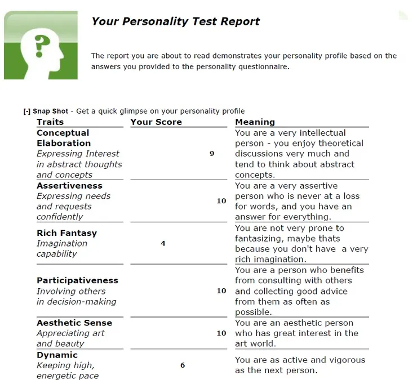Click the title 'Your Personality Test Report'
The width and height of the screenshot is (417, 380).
point(175,21)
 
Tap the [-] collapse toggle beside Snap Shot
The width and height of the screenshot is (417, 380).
point(26,111)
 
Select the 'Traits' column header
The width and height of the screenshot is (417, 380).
point(50,122)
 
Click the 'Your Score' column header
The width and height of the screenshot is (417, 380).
point(156,122)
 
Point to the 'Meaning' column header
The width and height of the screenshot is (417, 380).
point(255,122)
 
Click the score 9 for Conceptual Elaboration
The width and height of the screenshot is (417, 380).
point(212,153)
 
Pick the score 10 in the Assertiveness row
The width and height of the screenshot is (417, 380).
point(221,201)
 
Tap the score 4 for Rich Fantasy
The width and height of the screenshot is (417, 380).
point(163,244)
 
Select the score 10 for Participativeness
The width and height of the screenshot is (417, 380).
point(221,291)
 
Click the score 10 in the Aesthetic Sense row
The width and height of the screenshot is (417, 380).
point(221,333)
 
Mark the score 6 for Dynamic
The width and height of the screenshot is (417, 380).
point(183,365)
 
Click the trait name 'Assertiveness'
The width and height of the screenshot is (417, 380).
point(69,186)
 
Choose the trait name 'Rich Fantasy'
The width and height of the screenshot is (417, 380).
point(66,233)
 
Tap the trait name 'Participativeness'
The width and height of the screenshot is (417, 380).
point(77,280)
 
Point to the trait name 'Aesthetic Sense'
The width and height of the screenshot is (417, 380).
point(74,323)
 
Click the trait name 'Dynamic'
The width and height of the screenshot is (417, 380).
point(57,355)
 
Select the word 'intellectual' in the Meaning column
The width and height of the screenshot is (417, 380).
point(323,133)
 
